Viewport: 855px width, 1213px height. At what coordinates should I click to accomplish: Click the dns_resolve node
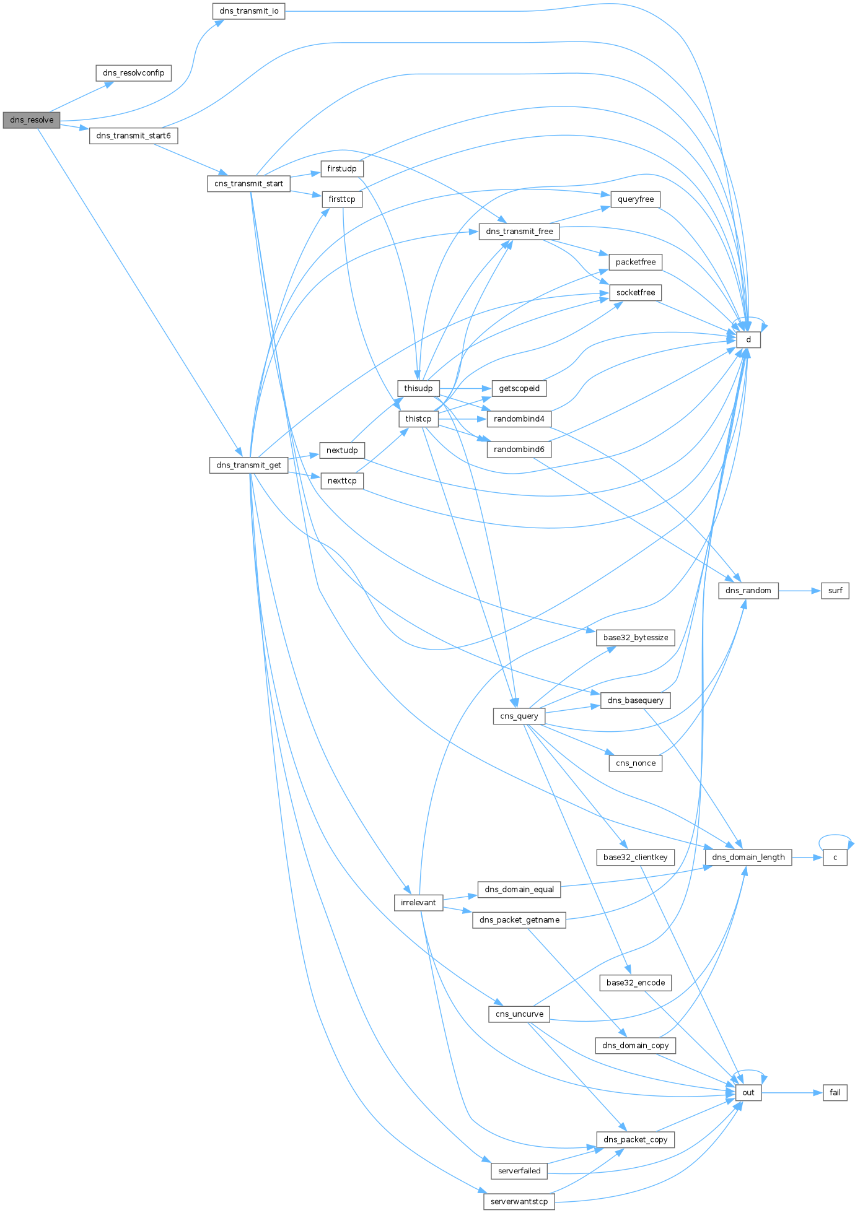[32, 120]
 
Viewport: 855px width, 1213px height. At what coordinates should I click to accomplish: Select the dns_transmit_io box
[249, 11]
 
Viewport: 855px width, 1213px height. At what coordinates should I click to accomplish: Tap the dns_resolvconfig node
[134, 73]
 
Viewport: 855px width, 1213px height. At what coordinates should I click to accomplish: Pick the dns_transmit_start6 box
[134, 136]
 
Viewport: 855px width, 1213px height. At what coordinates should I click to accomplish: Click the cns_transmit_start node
[249, 184]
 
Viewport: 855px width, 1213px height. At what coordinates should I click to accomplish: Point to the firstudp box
[342, 169]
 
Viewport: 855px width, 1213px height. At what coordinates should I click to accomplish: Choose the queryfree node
[636, 199]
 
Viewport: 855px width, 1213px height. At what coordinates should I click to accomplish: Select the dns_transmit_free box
[519, 232]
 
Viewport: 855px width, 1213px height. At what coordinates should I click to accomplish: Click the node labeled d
[748, 340]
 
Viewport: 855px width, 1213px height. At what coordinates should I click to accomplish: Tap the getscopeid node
[519, 389]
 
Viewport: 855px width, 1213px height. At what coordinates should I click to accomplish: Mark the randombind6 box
[519, 450]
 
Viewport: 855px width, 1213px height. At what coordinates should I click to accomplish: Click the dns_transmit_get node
[249, 465]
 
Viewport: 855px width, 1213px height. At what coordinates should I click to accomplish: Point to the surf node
[835, 591]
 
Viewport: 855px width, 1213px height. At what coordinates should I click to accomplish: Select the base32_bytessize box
[636, 638]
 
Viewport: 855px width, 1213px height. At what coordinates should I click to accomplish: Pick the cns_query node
[519, 716]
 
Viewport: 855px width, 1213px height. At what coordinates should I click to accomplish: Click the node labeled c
[835, 858]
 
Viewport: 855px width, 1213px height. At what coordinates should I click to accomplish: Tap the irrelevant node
[418, 903]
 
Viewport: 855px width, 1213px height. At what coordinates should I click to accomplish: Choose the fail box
[835, 1093]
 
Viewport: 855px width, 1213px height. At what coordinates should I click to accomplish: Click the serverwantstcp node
[519, 1202]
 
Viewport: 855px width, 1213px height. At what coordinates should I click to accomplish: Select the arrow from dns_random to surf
[800, 591]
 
